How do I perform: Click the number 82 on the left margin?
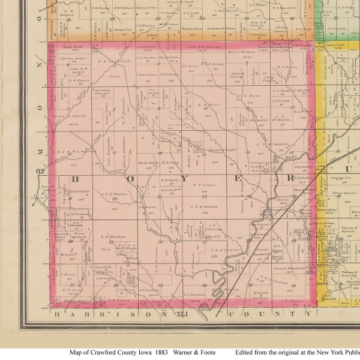pos(40,172)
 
